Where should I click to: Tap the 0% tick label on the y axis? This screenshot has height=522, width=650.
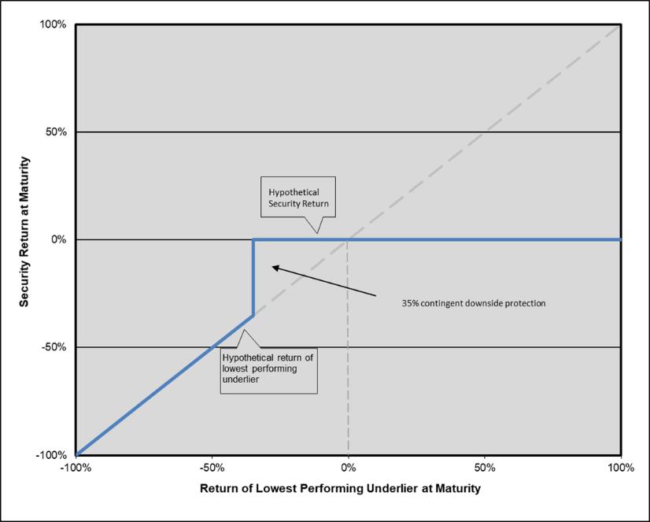pyautogui.click(x=60, y=239)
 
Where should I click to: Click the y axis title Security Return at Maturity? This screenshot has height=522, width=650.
pyautogui.click(x=25, y=239)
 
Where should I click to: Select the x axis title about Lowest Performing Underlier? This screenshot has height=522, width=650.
pyautogui.click(x=340, y=489)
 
